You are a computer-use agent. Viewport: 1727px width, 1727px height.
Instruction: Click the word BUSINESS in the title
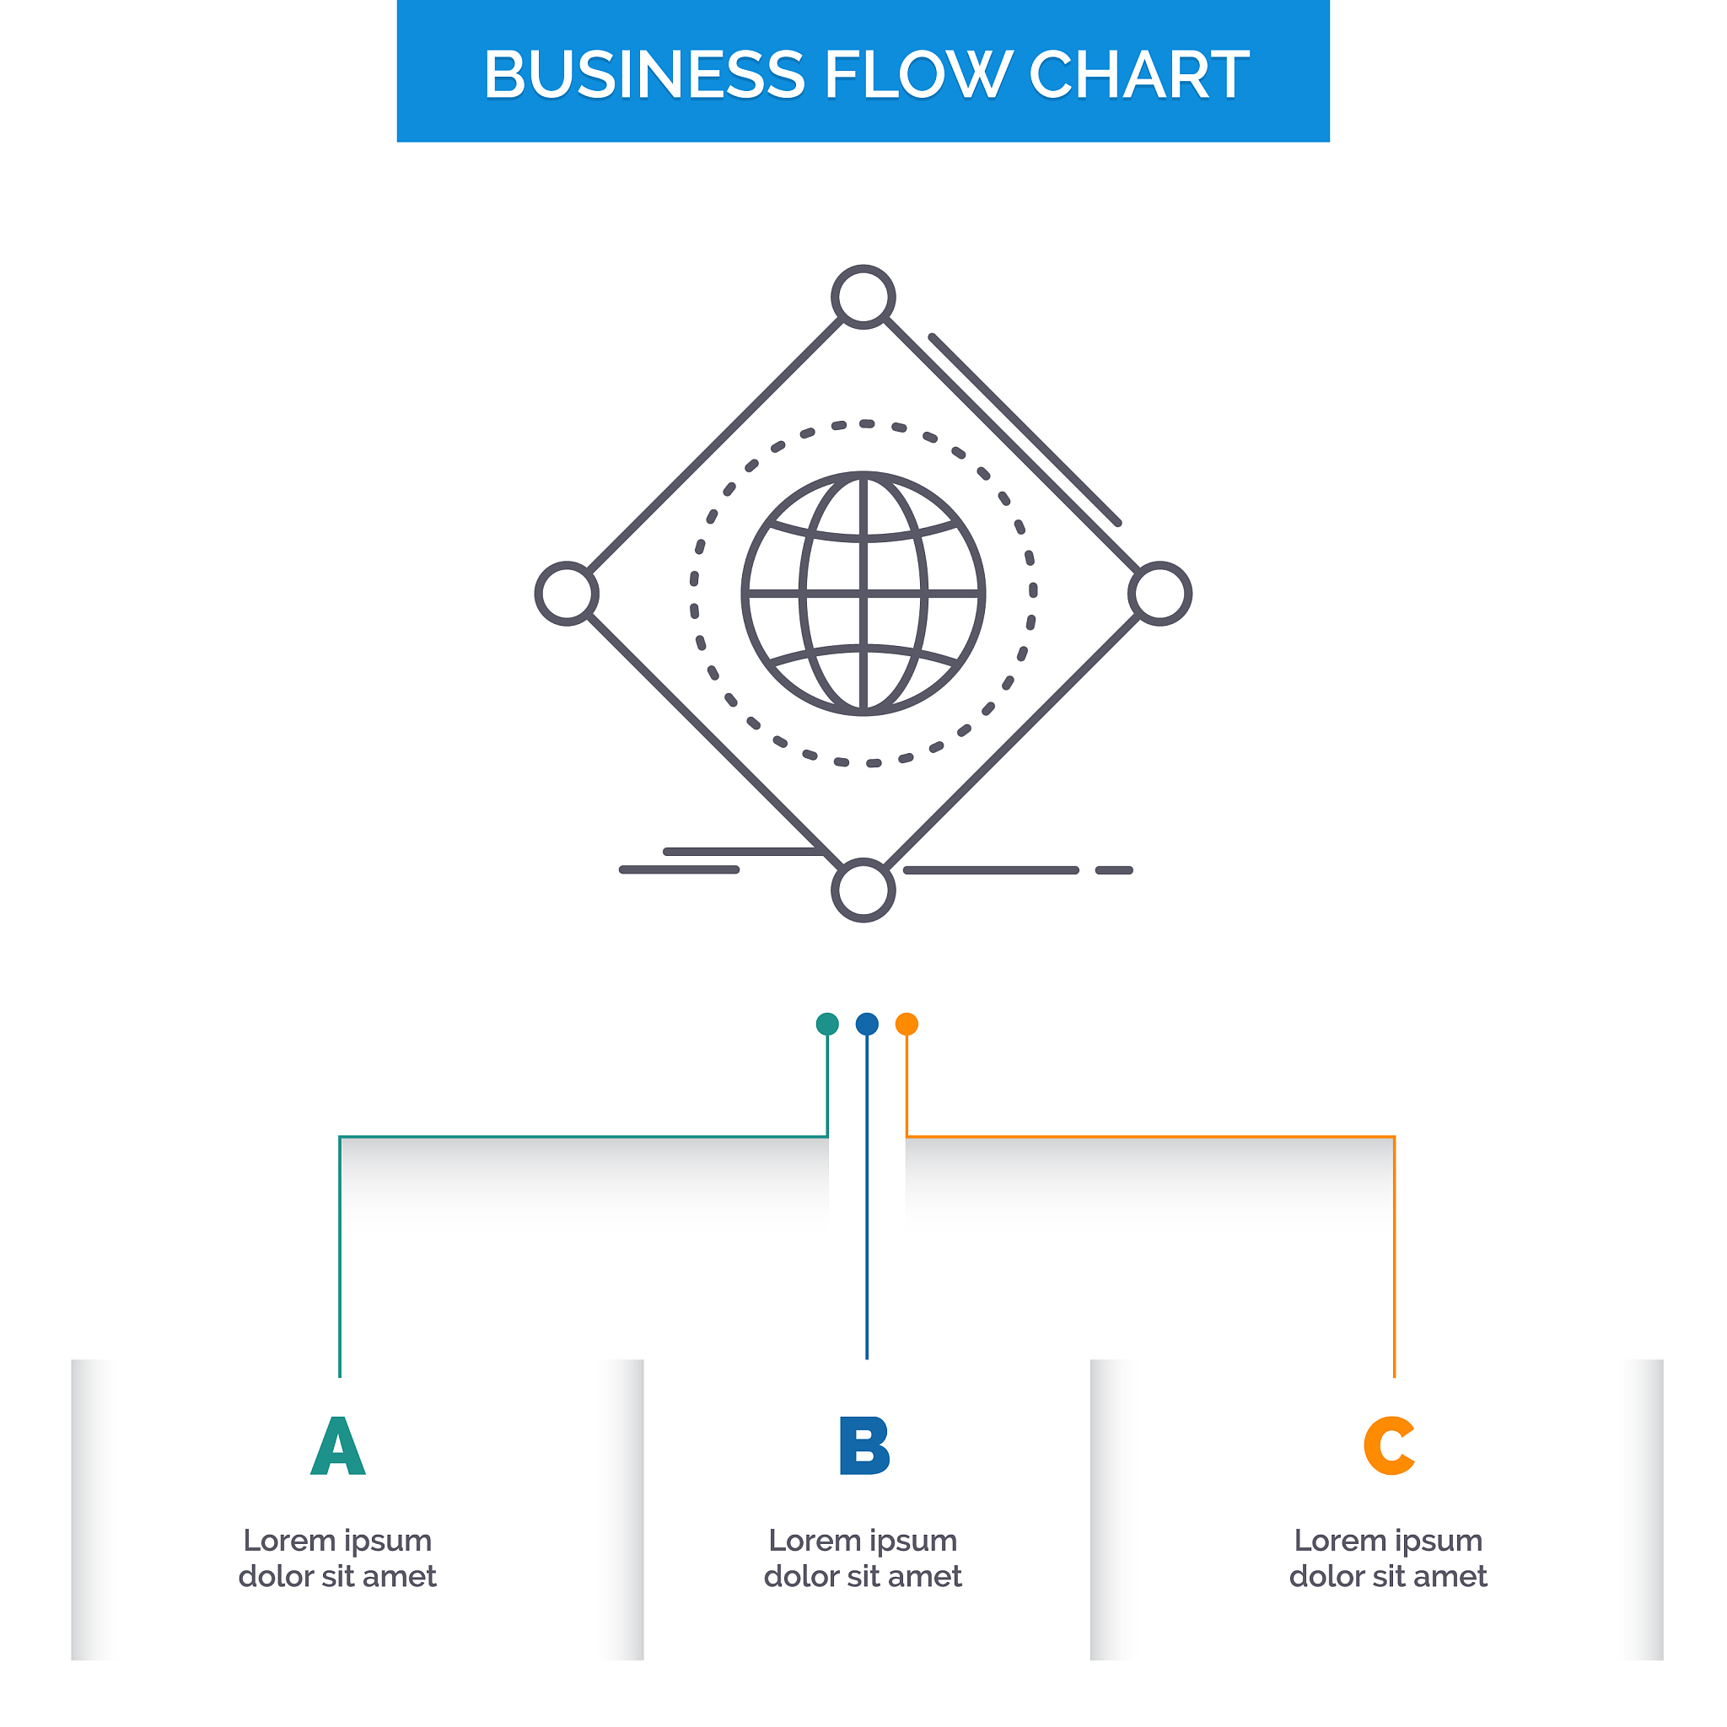click(x=643, y=74)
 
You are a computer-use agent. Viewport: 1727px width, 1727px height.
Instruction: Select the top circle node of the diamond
click(x=863, y=297)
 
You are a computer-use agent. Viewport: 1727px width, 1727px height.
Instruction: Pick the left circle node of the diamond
click(x=567, y=594)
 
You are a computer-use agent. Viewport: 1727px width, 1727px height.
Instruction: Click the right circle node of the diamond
click(x=1160, y=594)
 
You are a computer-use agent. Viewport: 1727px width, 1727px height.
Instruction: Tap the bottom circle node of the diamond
click(x=863, y=890)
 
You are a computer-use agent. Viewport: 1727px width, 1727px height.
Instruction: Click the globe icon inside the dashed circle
click(x=863, y=594)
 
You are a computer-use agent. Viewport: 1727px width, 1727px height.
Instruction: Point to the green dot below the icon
click(x=828, y=1025)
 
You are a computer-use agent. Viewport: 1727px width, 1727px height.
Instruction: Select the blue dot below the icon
click(x=867, y=1025)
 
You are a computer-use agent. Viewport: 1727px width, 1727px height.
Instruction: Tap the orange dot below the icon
click(x=907, y=1025)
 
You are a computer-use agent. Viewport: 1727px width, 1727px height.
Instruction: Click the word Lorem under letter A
click(x=288, y=1540)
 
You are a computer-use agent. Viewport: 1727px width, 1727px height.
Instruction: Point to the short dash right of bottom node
click(x=1115, y=869)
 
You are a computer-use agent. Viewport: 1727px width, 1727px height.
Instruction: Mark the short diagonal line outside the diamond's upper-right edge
click(x=1025, y=430)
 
